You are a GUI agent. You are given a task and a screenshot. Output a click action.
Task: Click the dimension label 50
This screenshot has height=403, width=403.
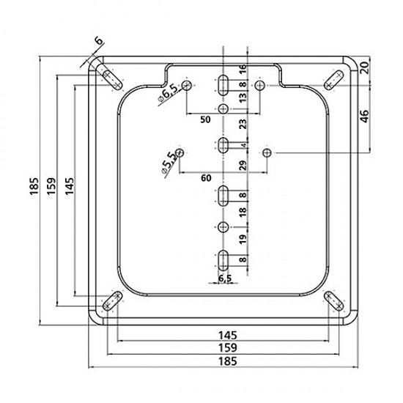pos(205,119)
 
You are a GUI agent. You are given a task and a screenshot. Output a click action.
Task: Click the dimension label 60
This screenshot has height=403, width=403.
pos(206,178)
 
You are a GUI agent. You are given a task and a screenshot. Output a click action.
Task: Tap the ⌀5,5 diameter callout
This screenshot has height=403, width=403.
pos(169,163)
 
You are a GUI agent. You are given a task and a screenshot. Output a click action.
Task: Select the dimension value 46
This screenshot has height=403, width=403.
pos(365,117)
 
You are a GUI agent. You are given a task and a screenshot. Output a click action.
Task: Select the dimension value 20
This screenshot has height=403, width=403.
pos(365,67)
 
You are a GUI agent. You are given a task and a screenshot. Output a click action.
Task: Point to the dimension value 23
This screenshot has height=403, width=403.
pos(243,124)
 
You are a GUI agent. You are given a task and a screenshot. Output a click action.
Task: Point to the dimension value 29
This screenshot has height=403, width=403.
pos(243,166)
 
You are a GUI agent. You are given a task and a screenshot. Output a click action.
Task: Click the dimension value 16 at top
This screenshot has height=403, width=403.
pos(243,70)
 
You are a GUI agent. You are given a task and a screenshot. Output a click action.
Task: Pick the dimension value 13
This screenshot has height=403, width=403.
pos(243,98)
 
